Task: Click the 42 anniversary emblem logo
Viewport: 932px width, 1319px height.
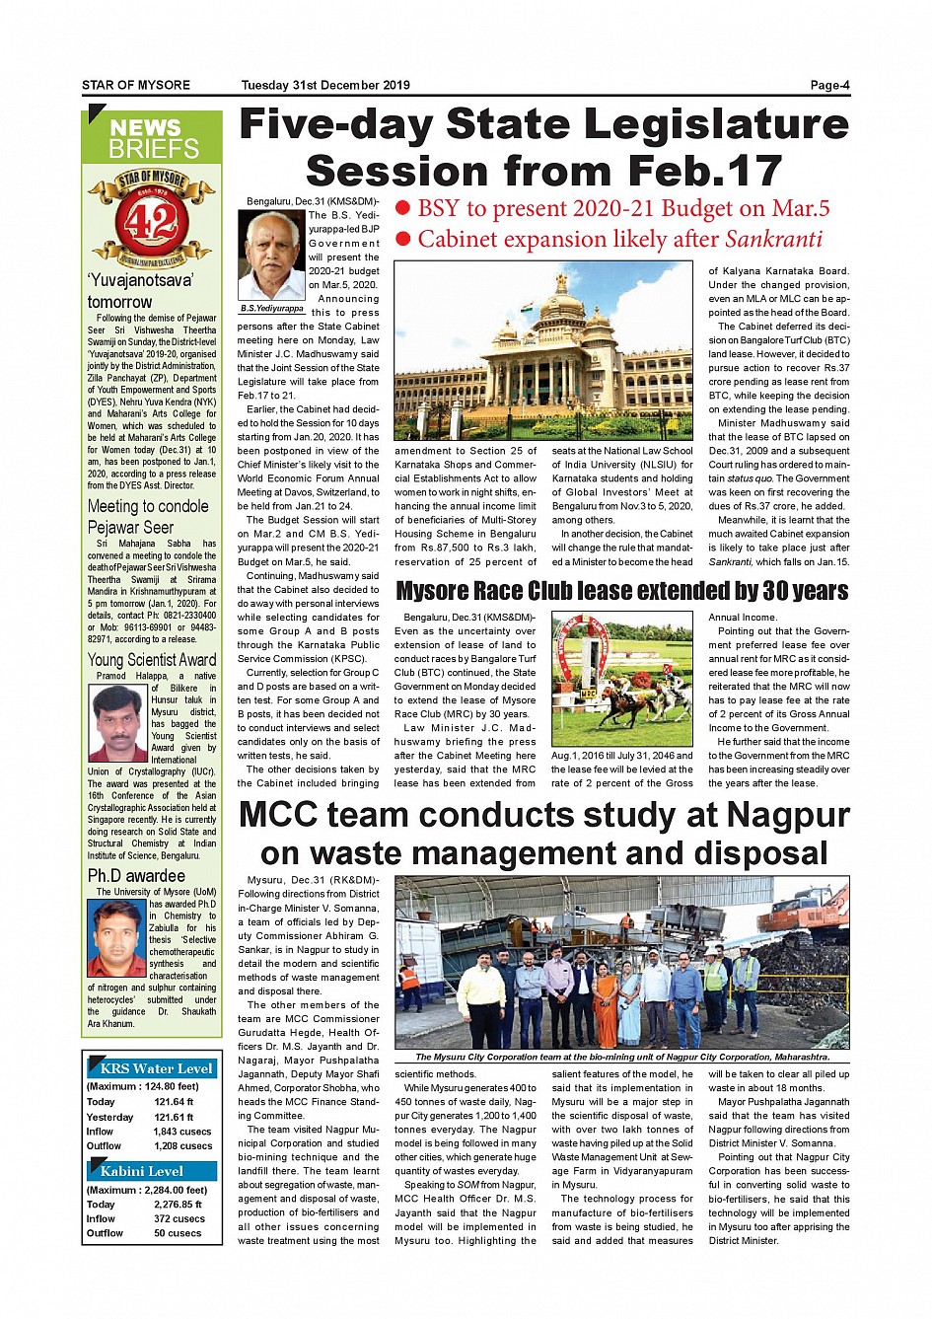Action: point(151,218)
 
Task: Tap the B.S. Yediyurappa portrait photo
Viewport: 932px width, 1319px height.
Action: point(271,255)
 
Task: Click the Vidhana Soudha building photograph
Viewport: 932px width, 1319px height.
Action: point(543,349)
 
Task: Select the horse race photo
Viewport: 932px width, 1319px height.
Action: point(621,679)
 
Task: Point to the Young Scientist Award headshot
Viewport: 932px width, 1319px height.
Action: point(117,722)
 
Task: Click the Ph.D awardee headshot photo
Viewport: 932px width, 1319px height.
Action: point(117,937)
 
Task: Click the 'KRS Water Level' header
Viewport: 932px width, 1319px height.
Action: point(155,1068)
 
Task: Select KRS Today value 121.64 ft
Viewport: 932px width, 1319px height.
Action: point(174,1102)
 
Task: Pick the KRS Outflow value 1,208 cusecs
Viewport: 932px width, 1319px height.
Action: point(182,1146)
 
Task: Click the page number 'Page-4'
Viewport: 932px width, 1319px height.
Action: point(829,86)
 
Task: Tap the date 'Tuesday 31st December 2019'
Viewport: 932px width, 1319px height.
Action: point(325,86)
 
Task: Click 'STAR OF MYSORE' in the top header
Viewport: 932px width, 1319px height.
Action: point(136,86)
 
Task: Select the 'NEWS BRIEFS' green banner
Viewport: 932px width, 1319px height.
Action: point(152,138)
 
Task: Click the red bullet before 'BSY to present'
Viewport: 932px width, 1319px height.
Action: point(402,208)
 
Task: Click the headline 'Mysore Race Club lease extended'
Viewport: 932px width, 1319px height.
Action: point(621,591)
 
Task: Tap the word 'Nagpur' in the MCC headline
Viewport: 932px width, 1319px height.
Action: point(787,816)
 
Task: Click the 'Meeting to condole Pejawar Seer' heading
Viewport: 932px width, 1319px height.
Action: point(148,516)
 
